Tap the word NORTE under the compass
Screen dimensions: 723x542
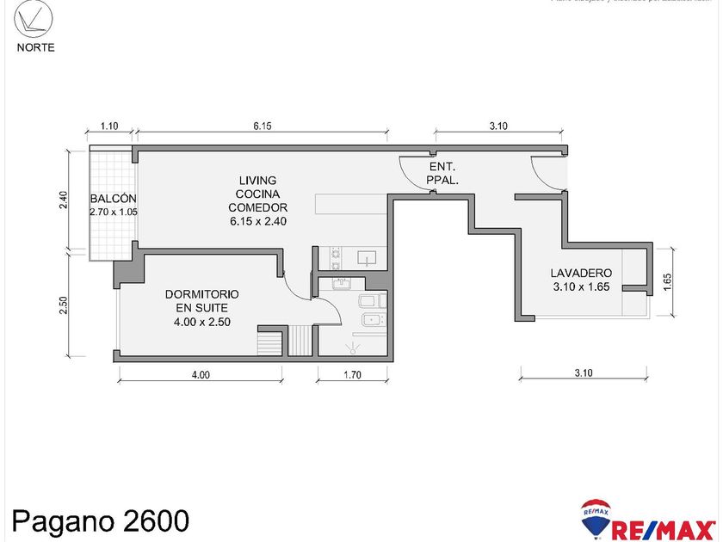(x=35, y=47)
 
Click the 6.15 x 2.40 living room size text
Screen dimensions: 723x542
(x=257, y=221)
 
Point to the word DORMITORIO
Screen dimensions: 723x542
(x=201, y=294)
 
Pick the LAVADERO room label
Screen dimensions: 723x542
(x=581, y=274)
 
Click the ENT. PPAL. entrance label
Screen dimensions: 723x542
(x=442, y=174)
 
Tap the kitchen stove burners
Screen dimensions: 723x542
(x=336, y=257)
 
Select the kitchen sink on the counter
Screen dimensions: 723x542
(x=367, y=257)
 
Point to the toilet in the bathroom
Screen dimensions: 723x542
(x=370, y=301)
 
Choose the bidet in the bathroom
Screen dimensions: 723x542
(x=372, y=321)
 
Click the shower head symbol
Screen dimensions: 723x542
(x=351, y=348)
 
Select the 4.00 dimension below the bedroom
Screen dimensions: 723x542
(x=200, y=375)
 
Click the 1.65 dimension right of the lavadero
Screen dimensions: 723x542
(x=667, y=282)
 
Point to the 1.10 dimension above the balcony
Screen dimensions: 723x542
(x=109, y=126)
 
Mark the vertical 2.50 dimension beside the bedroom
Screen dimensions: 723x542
(x=62, y=306)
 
